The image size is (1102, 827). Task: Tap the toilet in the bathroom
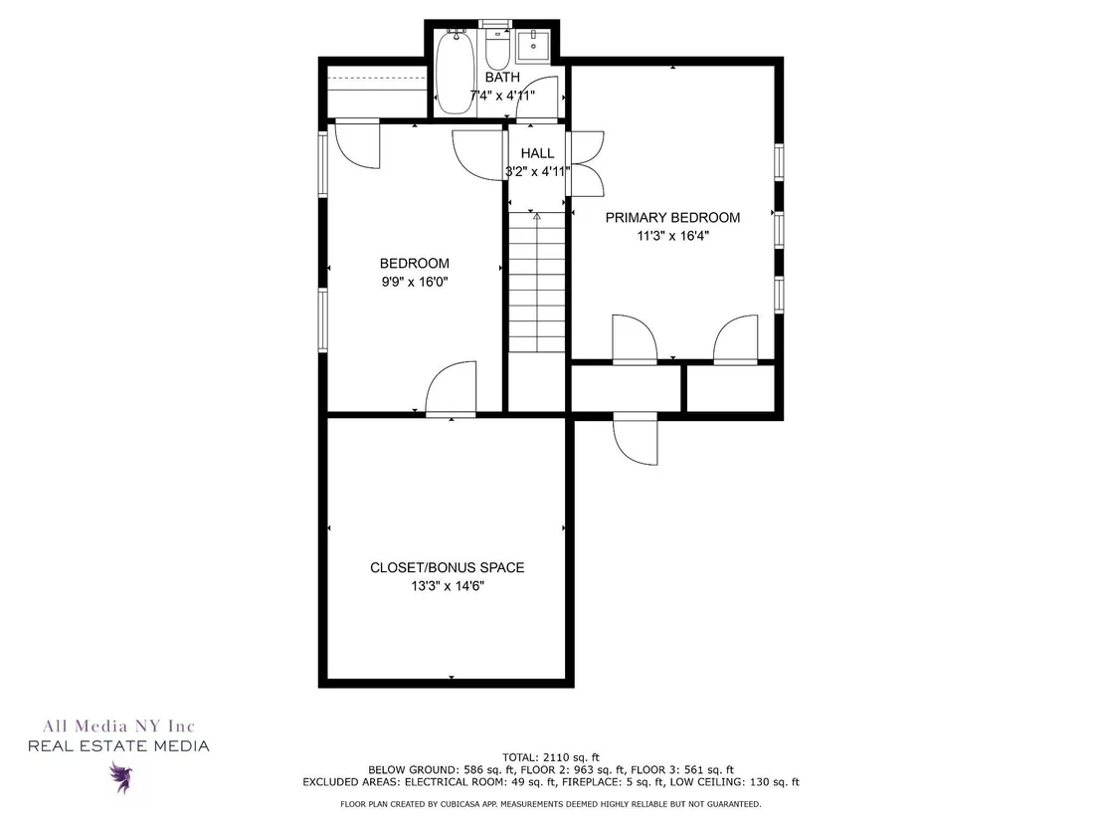497,46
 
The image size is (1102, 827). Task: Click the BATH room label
502,77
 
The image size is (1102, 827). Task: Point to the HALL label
537,152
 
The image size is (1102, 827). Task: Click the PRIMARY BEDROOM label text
672,217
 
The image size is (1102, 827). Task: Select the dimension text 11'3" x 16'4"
672,236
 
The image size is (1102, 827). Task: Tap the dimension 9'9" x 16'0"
415,282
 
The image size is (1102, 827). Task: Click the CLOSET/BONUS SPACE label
447,567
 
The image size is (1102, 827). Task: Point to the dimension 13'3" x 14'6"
448,586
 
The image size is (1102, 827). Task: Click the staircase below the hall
537,282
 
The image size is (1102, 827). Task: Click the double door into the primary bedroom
585,163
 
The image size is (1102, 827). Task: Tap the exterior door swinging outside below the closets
636,439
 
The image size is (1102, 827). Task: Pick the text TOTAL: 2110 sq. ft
551,757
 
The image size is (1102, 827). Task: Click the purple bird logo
121,777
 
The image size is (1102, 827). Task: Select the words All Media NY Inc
118,725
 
